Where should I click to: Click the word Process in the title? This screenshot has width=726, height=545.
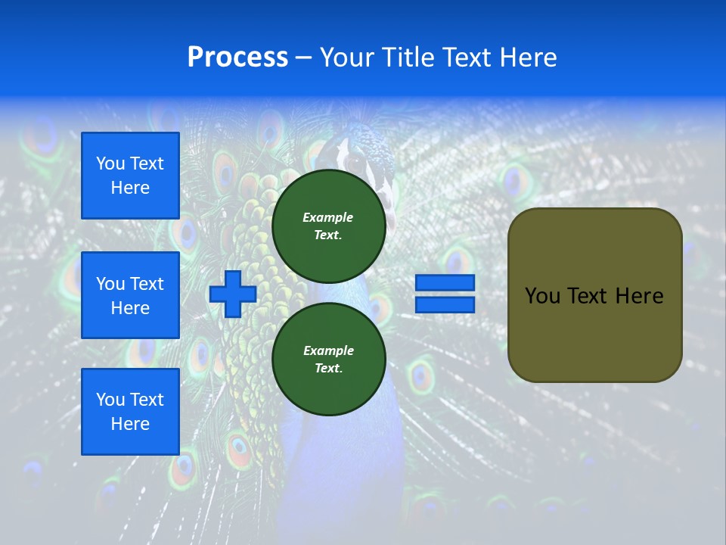(x=237, y=58)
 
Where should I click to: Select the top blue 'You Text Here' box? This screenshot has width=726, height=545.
(x=130, y=176)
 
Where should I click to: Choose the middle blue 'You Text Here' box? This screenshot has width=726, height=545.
(x=130, y=295)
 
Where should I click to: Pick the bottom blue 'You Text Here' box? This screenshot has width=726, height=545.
(x=130, y=412)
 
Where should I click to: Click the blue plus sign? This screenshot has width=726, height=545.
(x=233, y=294)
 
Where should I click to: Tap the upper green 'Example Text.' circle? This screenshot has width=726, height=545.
(x=328, y=226)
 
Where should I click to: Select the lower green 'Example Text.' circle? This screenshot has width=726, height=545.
(x=328, y=359)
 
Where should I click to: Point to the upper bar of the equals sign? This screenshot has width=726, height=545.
(x=445, y=283)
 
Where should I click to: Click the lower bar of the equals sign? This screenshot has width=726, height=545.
(x=445, y=305)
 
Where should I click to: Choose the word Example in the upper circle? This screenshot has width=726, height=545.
(x=328, y=217)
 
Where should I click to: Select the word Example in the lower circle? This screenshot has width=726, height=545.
(x=328, y=350)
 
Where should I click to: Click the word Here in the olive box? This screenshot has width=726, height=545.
(x=639, y=296)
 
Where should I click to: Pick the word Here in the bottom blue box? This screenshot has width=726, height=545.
(x=130, y=424)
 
